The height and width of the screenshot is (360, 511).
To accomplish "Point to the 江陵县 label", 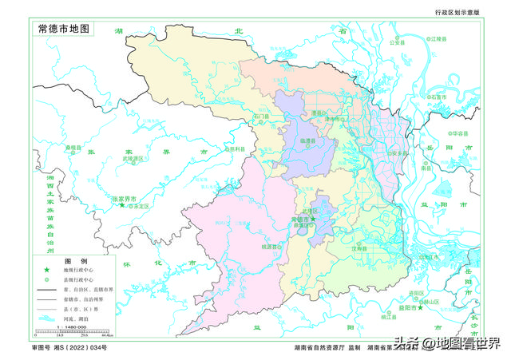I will (x=437, y=38).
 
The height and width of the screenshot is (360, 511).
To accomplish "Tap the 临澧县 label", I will (x=307, y=141).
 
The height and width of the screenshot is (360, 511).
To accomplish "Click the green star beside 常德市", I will (x=314, y=218).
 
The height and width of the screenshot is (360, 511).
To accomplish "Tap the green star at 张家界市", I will (x=121, y=205).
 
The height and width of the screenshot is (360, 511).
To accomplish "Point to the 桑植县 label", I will (x=73, y=148).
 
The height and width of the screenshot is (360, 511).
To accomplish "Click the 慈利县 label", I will (x=234, y=148).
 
